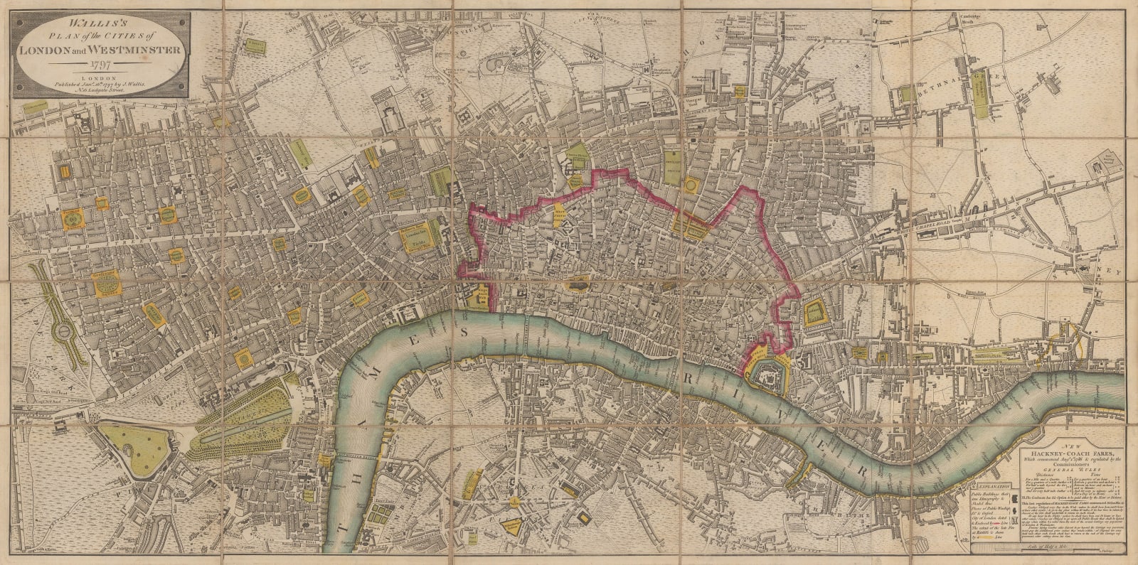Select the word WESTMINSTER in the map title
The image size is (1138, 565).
point(139,50)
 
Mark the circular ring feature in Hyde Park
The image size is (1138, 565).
point(62,331)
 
